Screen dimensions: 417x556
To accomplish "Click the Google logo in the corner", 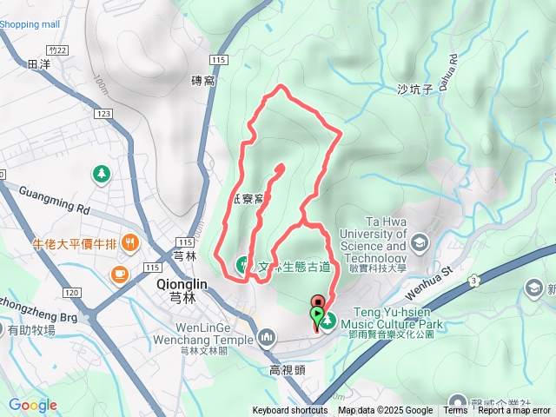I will pyautogui.click(x=33, y=405).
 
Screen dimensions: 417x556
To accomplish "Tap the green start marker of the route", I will pyautogui.click(x=317, y=314).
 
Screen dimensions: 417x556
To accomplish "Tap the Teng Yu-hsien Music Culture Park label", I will pyautogui.click(x=399, y=319).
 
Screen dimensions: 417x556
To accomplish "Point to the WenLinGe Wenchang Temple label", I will pyautogui.click(x=204, y=334).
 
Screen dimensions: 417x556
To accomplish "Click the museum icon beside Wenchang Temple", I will pyautogui.click(x=267, y=335).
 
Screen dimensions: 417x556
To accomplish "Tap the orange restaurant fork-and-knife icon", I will pyautogui.click(x=130, y=242).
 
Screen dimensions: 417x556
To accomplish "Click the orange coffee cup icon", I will pyautogui.click(x=118, y=275).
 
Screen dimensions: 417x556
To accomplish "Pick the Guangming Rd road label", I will pyautogui.click(x=54, y=201).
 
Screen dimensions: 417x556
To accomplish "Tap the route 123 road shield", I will pyautogui.click(x=105, y=114).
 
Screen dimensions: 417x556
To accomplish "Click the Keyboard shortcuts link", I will pyautogui.click(x=290, y=411).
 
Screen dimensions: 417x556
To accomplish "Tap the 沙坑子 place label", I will pyautogui.click(x=414, y=89).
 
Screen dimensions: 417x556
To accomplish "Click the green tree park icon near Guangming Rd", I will pyautogui.click(x=103, y=175).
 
